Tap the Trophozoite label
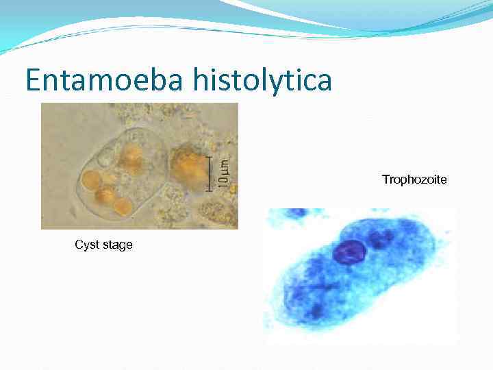414,180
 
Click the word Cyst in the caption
87,245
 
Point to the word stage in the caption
117,245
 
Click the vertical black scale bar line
210,174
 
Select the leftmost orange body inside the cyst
90,180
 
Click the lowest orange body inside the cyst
123,206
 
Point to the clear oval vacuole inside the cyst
105,160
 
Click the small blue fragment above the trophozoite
296,213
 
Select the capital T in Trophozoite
385,180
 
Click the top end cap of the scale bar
210,158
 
